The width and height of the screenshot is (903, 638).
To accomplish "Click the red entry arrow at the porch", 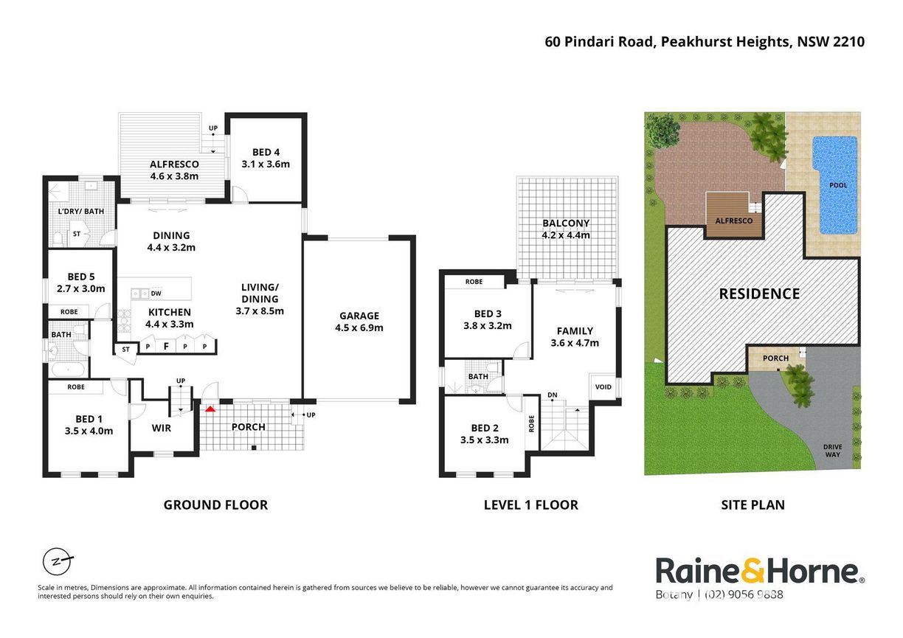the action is tap(210, 409).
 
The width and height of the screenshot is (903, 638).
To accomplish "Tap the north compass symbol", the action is tap(58, 562).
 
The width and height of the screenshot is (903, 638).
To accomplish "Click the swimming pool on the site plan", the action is tap(835, 185).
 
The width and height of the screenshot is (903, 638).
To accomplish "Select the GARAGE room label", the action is tap(359, 316).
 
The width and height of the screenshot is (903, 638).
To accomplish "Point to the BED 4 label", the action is tap(266, 153).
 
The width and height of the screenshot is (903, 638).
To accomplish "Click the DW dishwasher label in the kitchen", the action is tap(156, 294).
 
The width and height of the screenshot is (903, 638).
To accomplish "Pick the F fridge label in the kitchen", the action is tap(166, 346).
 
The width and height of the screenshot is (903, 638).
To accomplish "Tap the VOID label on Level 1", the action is tap(603, 387).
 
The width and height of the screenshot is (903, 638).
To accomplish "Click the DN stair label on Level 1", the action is tap(553, 395).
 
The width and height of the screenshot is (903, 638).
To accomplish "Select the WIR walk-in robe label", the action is tap(162, 428).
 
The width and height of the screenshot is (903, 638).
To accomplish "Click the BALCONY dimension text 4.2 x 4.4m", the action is tap(566, 235).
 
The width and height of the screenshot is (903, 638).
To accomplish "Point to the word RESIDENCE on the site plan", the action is tap(759, 294).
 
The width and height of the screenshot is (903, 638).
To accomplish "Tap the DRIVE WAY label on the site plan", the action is tap(832, 451).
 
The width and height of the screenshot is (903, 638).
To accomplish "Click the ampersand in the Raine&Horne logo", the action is tap(752, 571).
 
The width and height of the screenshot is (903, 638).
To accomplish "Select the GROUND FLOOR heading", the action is tap(215, 505).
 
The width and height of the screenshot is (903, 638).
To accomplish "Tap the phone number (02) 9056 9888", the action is tap(744, 595).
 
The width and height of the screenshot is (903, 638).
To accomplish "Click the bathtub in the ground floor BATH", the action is tap(68, 369).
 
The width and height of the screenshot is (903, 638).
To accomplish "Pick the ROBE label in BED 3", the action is tap(474, 282).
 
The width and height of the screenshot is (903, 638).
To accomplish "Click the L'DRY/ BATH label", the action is tap(81, 211).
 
